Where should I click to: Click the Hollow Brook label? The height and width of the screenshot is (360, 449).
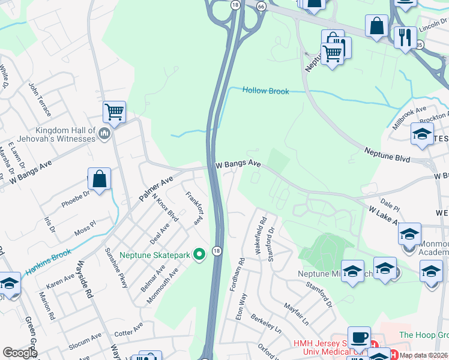click(265, 91)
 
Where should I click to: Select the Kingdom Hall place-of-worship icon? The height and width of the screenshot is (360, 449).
click(104, 134)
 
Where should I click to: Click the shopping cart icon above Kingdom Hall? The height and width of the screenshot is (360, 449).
click(114, 112)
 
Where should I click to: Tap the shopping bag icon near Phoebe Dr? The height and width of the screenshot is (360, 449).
click(99, 178)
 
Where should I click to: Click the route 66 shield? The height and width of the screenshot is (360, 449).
click(261, 5)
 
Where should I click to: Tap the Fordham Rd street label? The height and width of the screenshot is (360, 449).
click(237, 274)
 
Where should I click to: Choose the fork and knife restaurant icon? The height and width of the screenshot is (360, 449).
click(406, 38)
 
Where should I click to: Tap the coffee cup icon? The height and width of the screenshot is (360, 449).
click(360, 338)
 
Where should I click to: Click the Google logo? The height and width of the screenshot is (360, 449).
click(20, 353)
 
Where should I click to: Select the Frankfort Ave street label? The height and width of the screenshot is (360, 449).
click(193, 208)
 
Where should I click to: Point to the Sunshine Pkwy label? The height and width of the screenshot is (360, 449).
click(116, 268)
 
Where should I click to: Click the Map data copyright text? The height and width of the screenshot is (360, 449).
click(424, 355)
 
